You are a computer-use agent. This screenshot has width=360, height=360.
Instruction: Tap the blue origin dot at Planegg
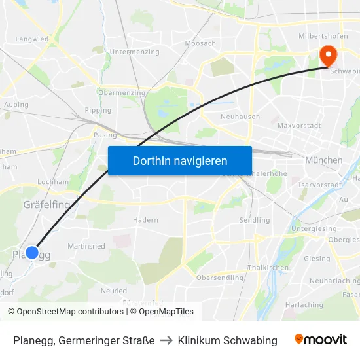click(31, 252)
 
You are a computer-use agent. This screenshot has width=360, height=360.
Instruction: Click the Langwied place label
click(32, 39)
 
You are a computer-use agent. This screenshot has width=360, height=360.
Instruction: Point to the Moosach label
click(200, 43)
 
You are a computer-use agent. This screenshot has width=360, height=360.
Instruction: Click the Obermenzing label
click(121, 93)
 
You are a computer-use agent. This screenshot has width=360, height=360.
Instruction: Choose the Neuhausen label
click(240, 117)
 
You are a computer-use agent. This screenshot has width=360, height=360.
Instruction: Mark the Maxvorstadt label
click(298, 124)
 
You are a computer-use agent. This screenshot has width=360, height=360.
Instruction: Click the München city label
click(323, 160)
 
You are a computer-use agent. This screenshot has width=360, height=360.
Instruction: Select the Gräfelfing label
click(46, 205)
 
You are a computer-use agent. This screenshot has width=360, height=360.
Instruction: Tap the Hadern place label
click(145, 220)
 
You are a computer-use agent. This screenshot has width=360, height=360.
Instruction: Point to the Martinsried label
click(86, 246)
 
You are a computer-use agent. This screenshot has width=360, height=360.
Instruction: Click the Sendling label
click(255, 220)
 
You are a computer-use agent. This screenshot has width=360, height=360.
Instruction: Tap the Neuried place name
click(114, 290)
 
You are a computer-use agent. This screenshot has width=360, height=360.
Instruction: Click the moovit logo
click(320, 340)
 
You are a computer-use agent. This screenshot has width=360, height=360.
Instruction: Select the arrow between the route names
click(166, 340)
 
